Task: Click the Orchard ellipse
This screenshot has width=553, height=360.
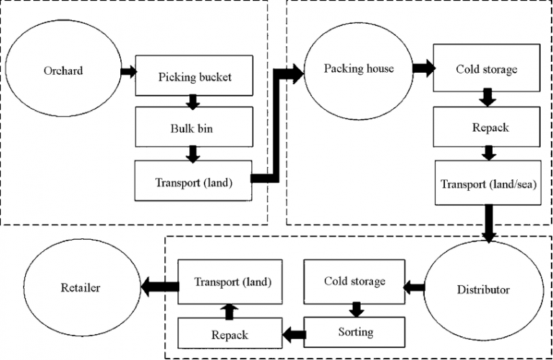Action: click(x=63, y=68)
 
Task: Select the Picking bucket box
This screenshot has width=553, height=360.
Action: click(x=194, y=76)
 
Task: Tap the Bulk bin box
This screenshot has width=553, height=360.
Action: click(x=194, y=127)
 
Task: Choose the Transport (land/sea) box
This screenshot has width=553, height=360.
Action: click(x=487, y=183)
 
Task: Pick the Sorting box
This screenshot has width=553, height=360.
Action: click(x=354, y=332)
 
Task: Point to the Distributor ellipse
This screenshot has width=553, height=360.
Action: click(x=484, y=290)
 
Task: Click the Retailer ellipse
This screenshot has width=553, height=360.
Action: click(x=82, y=287)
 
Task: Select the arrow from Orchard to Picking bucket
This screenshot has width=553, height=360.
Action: click(x=129, y=71)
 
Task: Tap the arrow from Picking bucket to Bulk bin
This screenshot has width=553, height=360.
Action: click(x=193, y=102)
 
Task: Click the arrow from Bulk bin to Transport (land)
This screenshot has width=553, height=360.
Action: click(x=193, y=154)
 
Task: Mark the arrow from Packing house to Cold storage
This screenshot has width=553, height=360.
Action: click(x=424, y=68)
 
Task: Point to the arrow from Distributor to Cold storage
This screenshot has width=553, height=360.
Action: click(x=414, y=288)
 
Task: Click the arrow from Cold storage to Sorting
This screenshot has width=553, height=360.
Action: click(x=356, y=310)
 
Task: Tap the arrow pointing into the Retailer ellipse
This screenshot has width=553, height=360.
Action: click(x=160, y=287)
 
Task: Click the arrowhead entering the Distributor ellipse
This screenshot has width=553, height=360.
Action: click(x=489, y=238)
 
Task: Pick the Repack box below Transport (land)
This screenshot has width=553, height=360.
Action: click(x=230, y=333)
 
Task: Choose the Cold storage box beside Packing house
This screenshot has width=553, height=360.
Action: click(x=487, y=68)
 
